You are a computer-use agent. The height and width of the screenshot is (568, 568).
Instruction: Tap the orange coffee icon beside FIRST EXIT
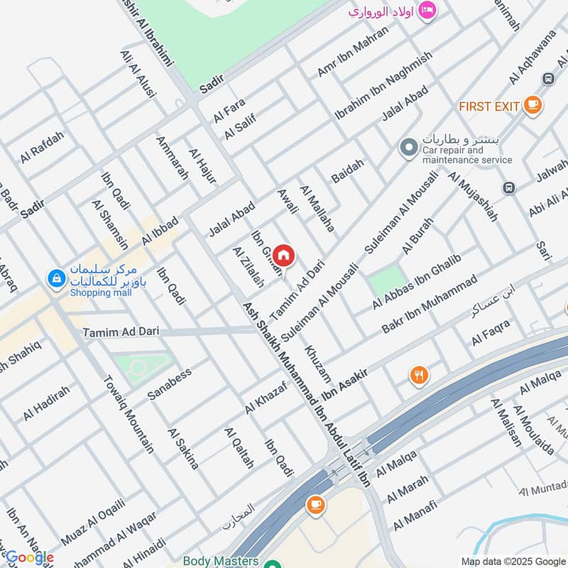pyautogui.click(x=532, y=105)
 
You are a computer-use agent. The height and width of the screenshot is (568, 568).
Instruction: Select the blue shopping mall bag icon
pyautogui.click(x=55, y=279)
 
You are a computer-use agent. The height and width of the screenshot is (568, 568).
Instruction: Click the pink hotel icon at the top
pyautogui.click(x=427, y=10)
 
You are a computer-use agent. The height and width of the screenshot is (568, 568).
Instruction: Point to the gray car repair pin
pyautogui.click(x=408, y=148)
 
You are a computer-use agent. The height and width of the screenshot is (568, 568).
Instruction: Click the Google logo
pyautogui.click(x=30, y=557)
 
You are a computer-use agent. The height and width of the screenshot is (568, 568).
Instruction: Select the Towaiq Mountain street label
pyautogui.click(x=129, y=415)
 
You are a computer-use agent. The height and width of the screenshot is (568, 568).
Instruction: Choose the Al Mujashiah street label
pyautogui.click(x=472, y=196)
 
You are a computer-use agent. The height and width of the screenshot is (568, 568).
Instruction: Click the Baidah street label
pyautogui.click(x=347, y=172)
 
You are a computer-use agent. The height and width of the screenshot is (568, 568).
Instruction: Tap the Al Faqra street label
pyautogui.click(x=491, y=332)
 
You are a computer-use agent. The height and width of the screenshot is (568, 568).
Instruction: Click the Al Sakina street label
pyautogui.click(x=183, y=449)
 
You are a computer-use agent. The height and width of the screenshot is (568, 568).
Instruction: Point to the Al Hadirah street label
pyautogui.click(x=46, y=403)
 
